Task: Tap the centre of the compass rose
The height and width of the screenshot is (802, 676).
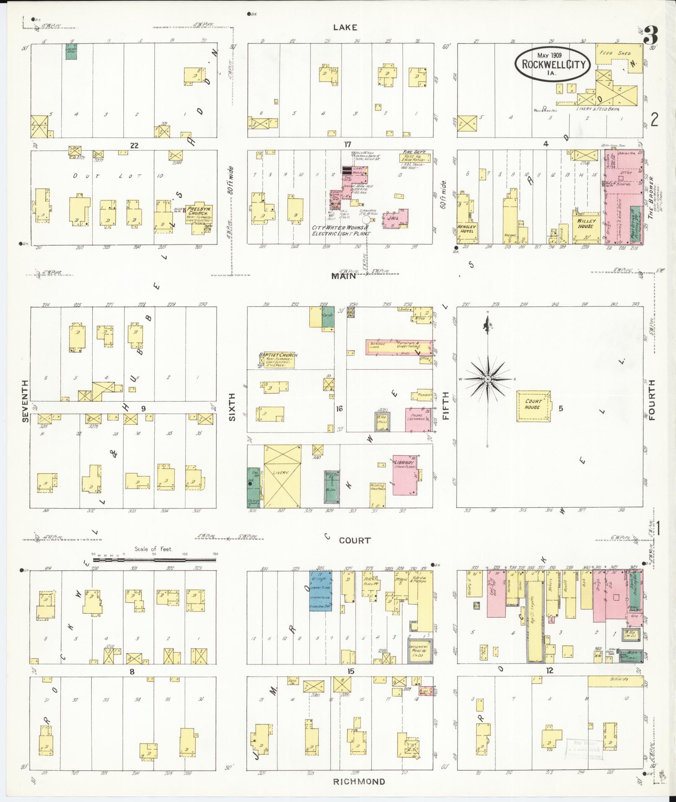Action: (x=488, y=379)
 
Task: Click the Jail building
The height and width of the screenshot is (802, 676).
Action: (x=397, y=218)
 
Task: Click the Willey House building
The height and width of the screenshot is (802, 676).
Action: (x=585, y=226)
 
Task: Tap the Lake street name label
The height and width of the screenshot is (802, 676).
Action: (x=345, y=27)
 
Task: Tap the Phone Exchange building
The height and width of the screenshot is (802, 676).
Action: (x=418, y=419)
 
